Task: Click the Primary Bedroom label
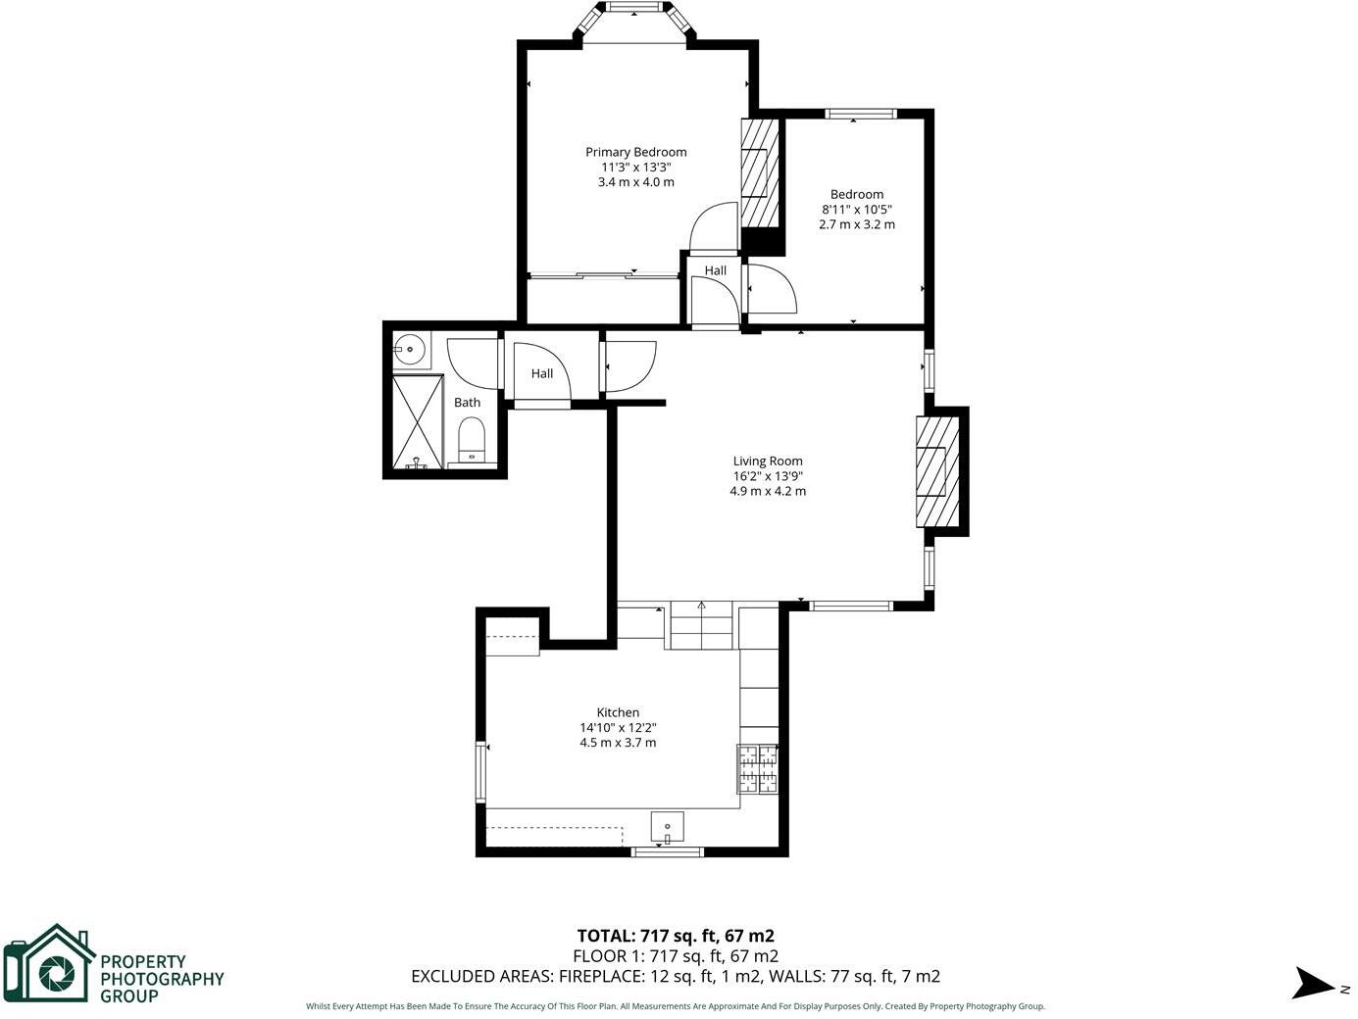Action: [x=635, y=152]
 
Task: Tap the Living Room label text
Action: [x=768, y=461]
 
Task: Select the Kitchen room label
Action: [x=618, y=712]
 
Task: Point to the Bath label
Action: [x=467, y=403]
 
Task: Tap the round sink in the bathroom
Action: [x=409, y=348]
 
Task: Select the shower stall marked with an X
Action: [x=417, y=421]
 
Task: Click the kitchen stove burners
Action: [x=758, y=768]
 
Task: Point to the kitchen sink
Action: [x=668, y=828]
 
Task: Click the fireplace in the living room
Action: [x=936, y=471]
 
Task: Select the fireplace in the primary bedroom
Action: [x=758, y=173]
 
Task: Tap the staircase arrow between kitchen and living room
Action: [x=701, y=607]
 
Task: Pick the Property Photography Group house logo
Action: [x=49, y=965]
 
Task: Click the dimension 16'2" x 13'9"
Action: [x=768, y=476]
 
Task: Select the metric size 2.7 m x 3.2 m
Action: [x=857, y=224]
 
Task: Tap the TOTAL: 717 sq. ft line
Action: [x=676, y=936]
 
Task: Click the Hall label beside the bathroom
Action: [x=542, y=373]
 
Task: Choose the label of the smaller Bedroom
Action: [x=857, y=194]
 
